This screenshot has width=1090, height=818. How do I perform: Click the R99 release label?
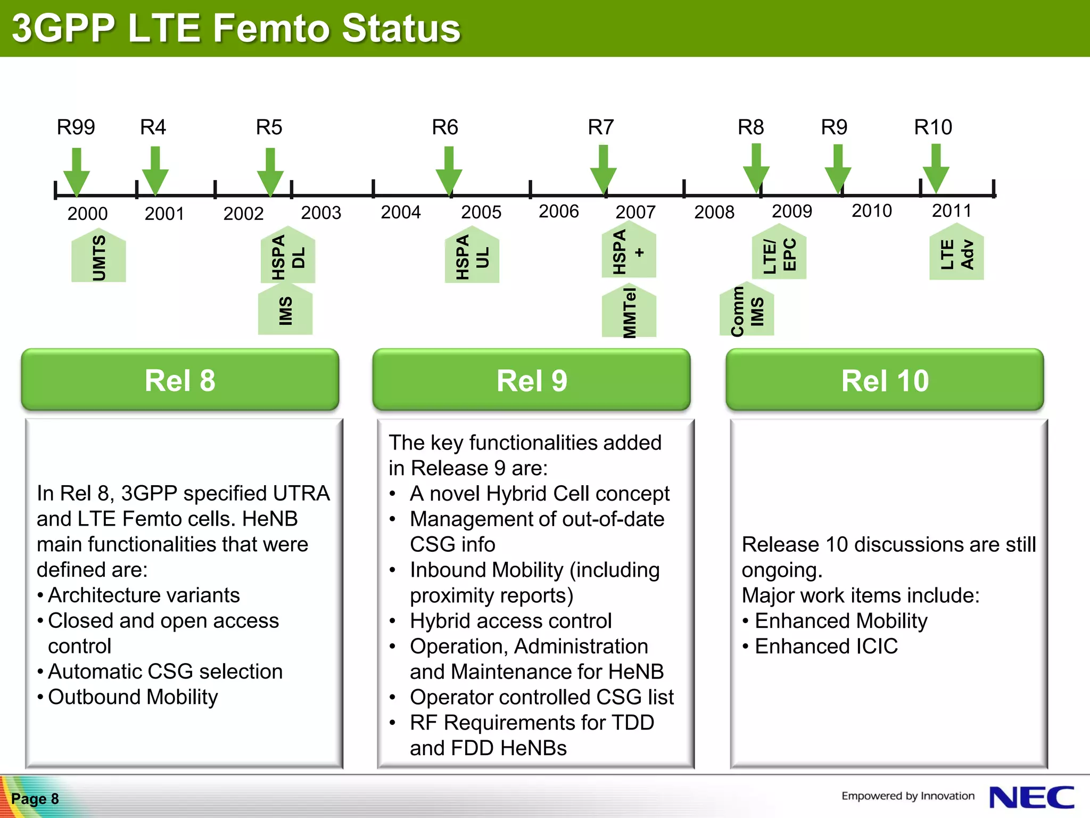tap(76, 127)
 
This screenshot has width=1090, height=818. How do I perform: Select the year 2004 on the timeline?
tap(400, 212)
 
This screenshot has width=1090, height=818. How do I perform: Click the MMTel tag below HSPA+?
tap(629, 313)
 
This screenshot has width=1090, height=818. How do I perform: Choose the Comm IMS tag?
tap(746, 311)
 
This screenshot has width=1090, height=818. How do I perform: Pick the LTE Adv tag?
tap(956, 254)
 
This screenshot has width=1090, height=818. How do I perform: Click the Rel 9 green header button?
tap(531, 380)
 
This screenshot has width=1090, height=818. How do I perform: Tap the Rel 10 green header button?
tap(885, 380)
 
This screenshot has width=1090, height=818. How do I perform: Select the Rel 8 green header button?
tap(180, 380)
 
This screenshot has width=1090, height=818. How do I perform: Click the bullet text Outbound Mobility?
tap(133, 697)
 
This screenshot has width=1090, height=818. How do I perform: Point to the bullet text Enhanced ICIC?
tap(826, 647)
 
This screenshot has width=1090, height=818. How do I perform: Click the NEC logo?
tap(1031, 798)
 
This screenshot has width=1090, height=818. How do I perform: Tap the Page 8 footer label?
tap(35, 799)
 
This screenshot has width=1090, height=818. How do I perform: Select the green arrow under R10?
tap(936, 168)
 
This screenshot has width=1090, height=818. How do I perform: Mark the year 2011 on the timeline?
tap(951, 211)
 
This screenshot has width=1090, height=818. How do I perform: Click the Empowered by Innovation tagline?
tap(907, 796)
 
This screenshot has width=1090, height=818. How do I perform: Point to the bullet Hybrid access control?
tap(510, 621)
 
